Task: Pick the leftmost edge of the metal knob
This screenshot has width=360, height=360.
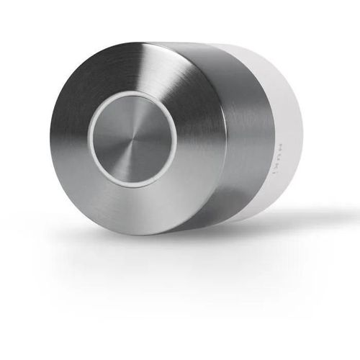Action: click(x=50, y=140)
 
